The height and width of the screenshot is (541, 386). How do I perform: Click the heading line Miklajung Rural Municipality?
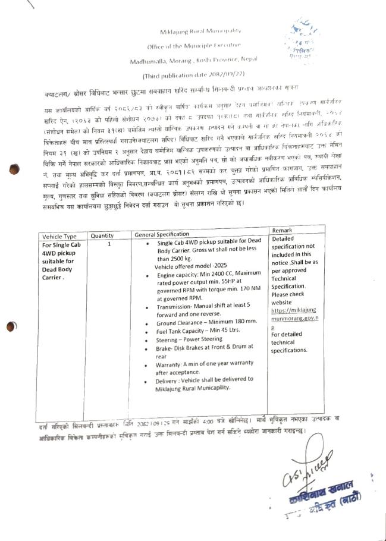(194, 30)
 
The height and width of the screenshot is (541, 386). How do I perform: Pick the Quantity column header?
(102, 235)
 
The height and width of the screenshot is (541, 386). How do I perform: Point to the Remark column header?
(281, 230)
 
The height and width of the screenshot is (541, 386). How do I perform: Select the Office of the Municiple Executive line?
(194, 46)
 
